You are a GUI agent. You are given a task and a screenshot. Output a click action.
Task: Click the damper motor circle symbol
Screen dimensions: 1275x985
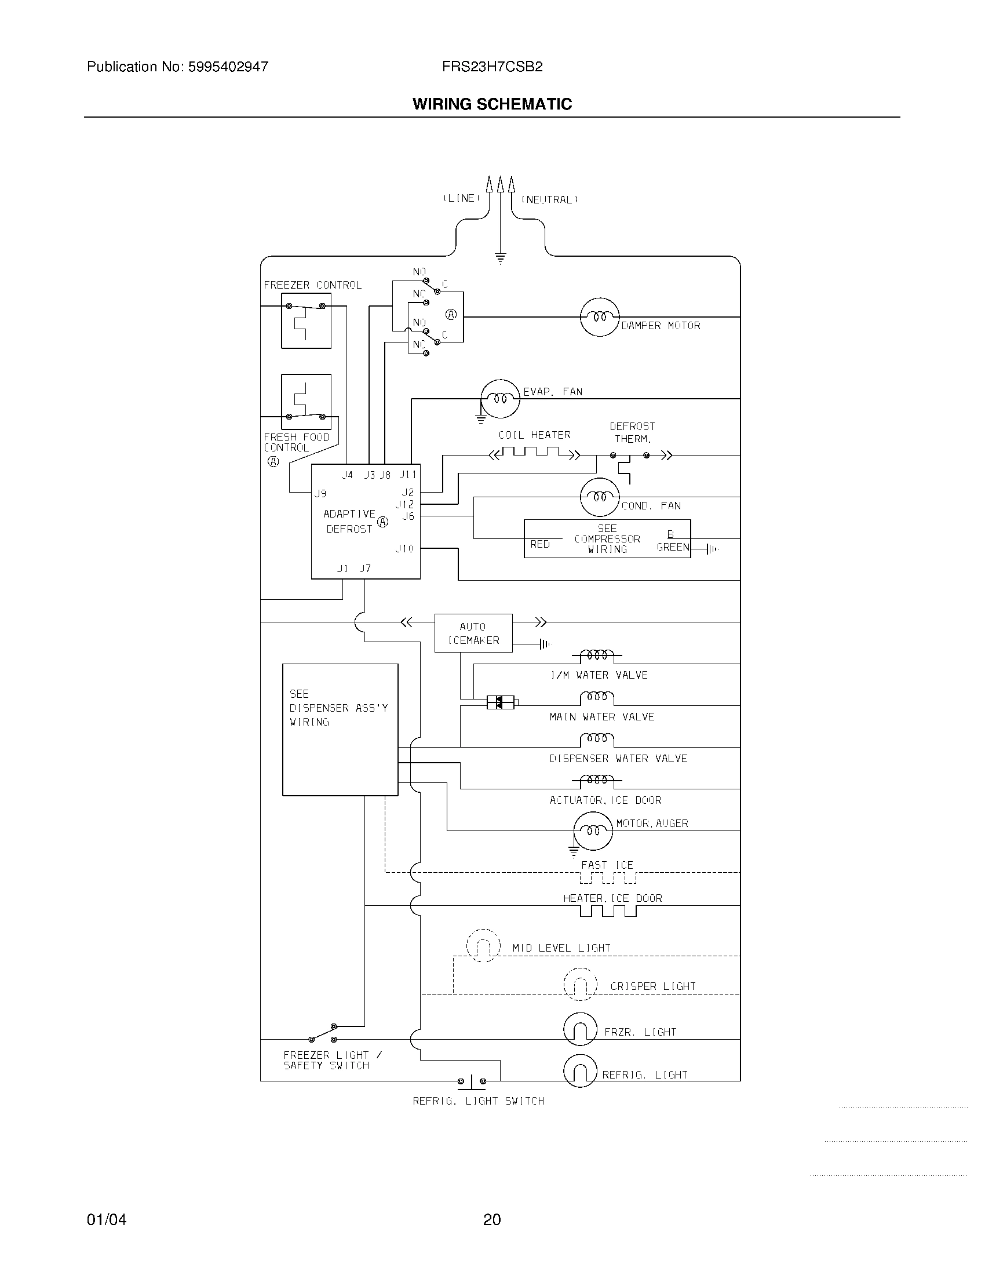click(x=599, y=317)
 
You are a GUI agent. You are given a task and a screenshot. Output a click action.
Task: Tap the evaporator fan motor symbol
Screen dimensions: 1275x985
click(x=500, y=399)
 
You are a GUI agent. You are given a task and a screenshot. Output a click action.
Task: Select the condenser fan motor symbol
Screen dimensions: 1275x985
click(x=599, y=497)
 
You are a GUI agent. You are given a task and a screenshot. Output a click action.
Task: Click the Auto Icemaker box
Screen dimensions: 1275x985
click(x=473, y=633)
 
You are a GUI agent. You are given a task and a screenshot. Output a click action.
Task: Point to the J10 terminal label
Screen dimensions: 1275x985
click(x=404, y=548)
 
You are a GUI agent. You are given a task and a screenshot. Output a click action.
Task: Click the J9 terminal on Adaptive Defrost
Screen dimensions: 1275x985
click(x=320, y=494)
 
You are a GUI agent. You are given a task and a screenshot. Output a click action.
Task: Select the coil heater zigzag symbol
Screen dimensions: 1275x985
click(x=535, y=453)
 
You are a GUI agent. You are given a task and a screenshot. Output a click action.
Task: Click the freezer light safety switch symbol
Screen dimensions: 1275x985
click(x=323, y=1034)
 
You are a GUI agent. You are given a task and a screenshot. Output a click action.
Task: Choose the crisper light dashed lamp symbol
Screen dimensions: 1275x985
click(x=580, y=984)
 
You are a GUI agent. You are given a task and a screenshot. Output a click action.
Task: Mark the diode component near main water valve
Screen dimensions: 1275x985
click(x=501, y=702)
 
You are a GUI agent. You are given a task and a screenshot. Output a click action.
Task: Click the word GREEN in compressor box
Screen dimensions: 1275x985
click(x=672, y=547)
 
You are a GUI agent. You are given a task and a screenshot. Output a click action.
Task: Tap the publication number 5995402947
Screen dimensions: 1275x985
click(x=228, y=67)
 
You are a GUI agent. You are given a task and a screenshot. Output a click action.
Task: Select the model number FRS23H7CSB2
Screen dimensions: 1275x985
click(x=492, y=67)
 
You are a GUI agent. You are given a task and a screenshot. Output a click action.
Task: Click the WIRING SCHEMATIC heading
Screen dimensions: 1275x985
click(x=492, y=104)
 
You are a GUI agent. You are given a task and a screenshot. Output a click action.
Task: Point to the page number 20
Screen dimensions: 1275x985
click(x=492, y=1219)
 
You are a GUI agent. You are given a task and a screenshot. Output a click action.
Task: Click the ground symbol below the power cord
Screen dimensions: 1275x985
click(x=500, y=258)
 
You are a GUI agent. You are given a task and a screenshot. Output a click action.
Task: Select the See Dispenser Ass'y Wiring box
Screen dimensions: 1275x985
click(x=340, y=729)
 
